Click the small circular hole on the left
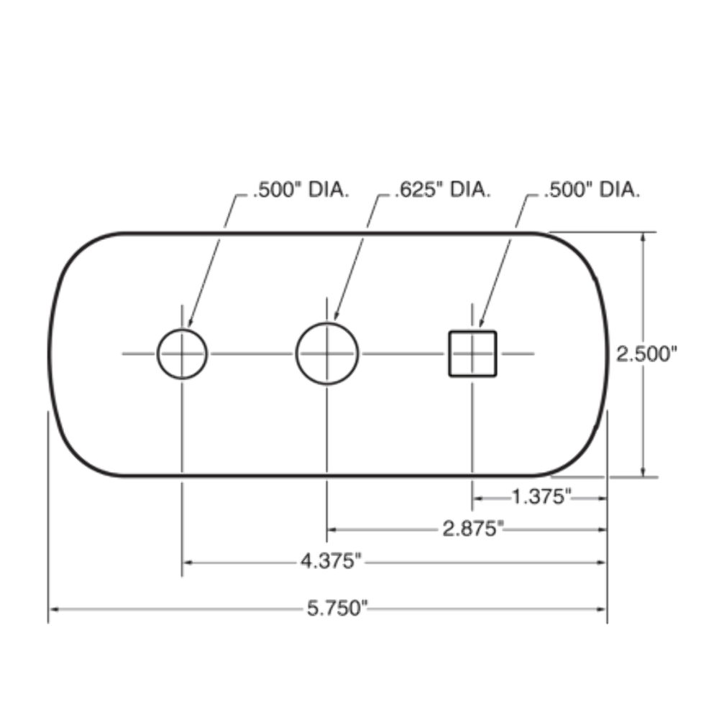(183, 353)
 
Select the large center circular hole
(327, 353)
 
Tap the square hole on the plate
(472, 353)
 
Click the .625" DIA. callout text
(443, 190)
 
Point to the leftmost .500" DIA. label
(301, 190)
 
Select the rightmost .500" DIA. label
(592, 190)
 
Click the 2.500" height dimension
(647, 354)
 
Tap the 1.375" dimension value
(541, 496)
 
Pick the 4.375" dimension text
(331, 562)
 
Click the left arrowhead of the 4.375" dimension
(187, 562)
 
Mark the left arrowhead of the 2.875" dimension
(332, 529)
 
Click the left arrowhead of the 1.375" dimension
(477, 496)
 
